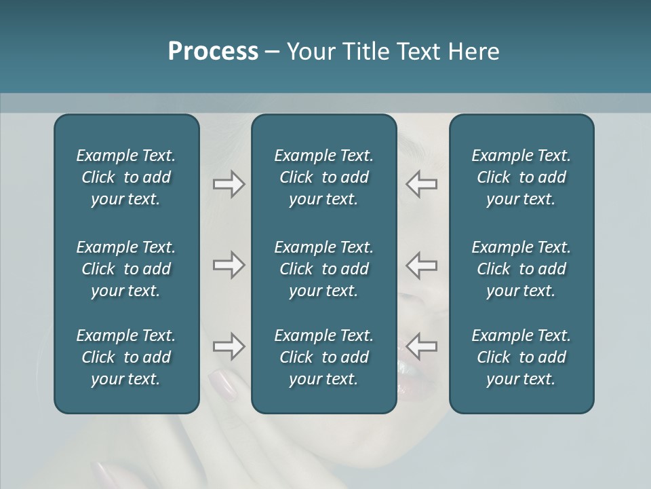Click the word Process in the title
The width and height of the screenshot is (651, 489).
[213, 52]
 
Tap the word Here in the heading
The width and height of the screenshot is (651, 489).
[473, 52]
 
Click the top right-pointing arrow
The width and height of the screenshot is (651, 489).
[229, 184]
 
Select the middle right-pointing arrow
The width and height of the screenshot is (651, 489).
[229, 265]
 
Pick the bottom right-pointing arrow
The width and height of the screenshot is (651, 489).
[229, 346]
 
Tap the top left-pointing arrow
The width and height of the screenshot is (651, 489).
[422, 184]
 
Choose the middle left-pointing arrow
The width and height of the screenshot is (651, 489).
[422, 265]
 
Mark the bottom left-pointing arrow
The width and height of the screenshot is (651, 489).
[422, 346]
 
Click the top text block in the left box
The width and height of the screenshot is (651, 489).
[126, 177]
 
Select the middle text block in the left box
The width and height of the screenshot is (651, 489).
[126, 269]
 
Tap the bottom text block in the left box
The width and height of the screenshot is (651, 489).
[126, 357]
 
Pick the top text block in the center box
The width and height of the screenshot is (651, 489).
[323, 177]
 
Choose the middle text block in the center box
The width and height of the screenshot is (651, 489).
[323, 269]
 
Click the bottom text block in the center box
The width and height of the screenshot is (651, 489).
[323, 357]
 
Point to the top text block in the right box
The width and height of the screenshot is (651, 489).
[521, 177]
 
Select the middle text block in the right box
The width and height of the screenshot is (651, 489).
[521, 269]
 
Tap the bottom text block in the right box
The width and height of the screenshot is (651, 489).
[521, 357]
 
